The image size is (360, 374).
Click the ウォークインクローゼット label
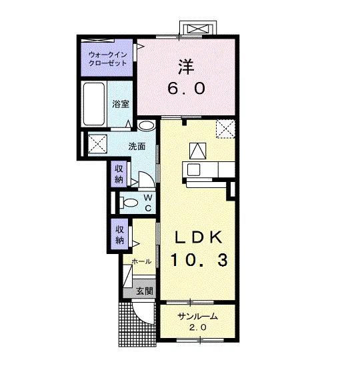[x=107, y=59]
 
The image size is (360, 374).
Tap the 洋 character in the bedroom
[x=186, y=67]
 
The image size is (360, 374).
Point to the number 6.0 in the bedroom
[x=186, y=88]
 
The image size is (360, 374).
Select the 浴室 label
[x=121, y=104]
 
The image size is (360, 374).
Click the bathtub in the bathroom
[x=94, y=104]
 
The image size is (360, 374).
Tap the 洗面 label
[x=137, y=147]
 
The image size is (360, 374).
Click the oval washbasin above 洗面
[x=146, y=126]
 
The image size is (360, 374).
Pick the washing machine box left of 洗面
[x=97, y=144]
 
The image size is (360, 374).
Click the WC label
[x=148, y=203]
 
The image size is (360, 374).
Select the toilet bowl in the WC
[x=129, y=203]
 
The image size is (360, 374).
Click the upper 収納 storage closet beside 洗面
[x=119, y=174]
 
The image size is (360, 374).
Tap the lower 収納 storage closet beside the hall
[x=120, y=234]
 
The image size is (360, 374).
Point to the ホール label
[x=141, y=261]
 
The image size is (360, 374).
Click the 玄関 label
[x=145, y=291]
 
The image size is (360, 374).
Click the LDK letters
[x=199, y=237]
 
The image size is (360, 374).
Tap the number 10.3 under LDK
[x=199, y=260]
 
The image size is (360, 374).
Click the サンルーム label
[x=198, y=317]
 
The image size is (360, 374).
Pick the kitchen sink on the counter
[x=193, y=169]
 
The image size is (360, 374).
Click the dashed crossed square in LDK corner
[x=225, y=129]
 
